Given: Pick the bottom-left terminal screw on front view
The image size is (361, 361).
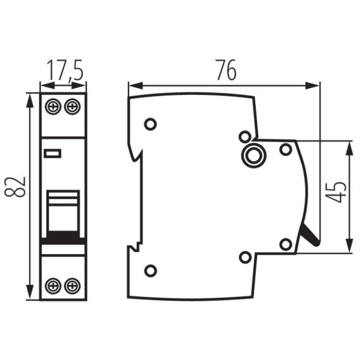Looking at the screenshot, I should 53,286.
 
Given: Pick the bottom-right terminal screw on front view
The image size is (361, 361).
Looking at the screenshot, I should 73,286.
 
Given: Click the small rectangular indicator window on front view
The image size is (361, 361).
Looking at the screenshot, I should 51,153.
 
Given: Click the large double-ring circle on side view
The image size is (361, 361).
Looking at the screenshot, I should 255,154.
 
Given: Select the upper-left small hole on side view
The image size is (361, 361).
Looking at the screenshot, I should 150,124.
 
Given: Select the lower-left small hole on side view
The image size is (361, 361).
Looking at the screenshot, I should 150,271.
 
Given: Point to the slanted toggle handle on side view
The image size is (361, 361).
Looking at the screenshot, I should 310,236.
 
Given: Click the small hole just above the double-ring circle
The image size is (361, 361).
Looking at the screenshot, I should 244,136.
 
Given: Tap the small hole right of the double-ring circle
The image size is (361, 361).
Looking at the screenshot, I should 286,149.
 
